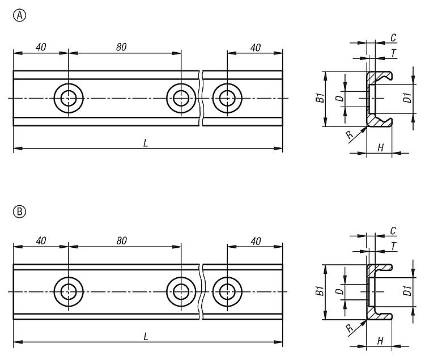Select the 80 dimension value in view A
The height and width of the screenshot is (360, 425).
tap(121, 48)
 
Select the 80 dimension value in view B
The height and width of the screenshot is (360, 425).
tap(121, 240)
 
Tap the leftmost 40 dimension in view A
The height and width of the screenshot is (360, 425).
tap(41, 48)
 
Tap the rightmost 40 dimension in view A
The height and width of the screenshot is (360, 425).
tap(255, 48)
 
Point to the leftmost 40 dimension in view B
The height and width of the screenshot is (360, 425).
tap(41, 240)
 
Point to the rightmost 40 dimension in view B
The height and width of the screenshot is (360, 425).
tap(255, 240)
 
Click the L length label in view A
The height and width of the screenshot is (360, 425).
tap(146, 144)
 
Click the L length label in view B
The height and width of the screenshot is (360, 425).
tap(146, 337)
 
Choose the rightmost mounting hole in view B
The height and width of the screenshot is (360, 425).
tap(227, 291)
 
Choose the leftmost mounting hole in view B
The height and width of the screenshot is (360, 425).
tap(69, 291)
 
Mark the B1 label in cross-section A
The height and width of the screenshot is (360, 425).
tap(319, 98)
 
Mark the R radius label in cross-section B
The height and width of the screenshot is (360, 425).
tap(349, 327)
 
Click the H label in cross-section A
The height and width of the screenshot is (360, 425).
tap(380, 148)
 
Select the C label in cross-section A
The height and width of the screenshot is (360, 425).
tap(393, 38)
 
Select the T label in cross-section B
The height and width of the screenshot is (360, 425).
tap(393, 245)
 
